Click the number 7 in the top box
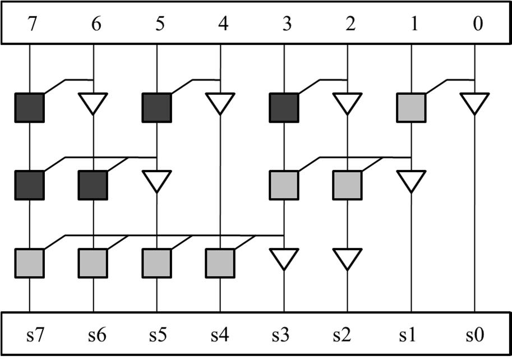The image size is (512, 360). [x=29, y=25]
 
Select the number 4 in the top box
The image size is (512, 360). [x=220, y=25]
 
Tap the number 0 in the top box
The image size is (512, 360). [x=476, y=25]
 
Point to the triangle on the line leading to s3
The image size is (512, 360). [x=284, y=259]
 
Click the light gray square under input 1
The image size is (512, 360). [x=412, y=108]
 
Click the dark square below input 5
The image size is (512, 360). [x=156, y=108]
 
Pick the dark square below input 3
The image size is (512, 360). [x=284, y=108]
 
